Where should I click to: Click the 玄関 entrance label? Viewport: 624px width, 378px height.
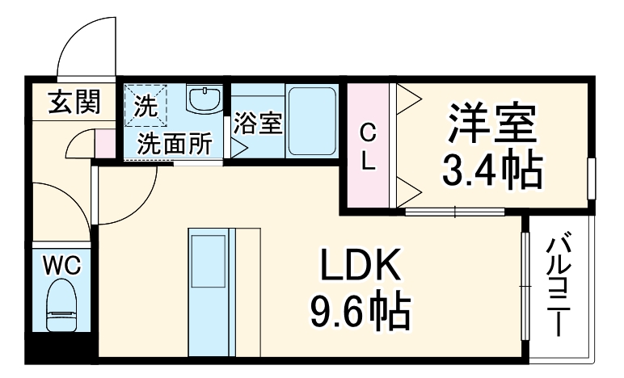click(x=74, y=103)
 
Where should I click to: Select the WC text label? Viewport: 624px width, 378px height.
click(x=61, y=264)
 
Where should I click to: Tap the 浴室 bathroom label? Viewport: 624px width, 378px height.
click(x=258, y=124)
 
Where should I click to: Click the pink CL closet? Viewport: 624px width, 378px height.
click(x=368, y=145)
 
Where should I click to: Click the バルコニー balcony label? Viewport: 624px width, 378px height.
click(x=558, y=287)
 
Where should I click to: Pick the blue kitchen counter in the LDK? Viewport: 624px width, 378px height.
click(x=211, y=291)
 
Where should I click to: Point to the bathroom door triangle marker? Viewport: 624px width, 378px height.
click(x=239, y=147)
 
